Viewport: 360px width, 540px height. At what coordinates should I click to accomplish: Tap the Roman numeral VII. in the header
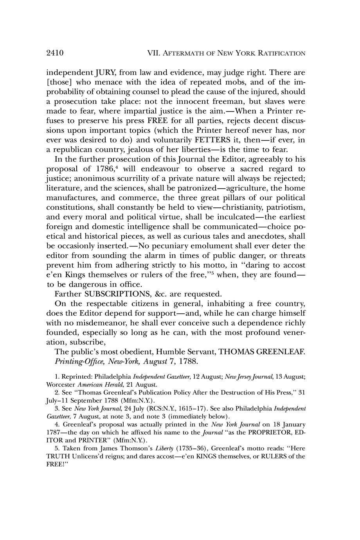click(153, 53)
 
